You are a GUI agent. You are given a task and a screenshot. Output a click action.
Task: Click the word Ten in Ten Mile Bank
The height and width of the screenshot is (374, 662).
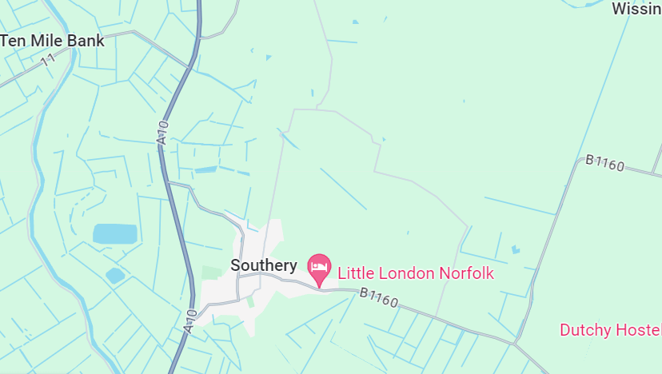click(12, 41)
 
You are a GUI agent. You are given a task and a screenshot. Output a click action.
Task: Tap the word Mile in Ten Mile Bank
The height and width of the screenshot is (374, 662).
click(43, 41)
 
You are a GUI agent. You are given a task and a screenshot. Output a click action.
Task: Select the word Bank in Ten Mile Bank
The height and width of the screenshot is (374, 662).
click(84, 41)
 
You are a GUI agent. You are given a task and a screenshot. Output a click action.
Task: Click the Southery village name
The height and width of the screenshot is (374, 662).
click(264, 265)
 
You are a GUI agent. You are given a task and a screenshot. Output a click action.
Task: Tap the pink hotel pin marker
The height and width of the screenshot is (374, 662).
click(320, 269)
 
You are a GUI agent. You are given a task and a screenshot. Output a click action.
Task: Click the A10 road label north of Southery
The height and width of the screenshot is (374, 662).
click(163, 132)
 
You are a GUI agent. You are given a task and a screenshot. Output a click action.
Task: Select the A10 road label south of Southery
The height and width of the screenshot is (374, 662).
click(190, 320)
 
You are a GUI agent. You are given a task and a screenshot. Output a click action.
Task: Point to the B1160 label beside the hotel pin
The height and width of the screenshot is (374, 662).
click(378, 297)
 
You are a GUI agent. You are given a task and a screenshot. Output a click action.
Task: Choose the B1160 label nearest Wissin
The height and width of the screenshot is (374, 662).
click(604, 163)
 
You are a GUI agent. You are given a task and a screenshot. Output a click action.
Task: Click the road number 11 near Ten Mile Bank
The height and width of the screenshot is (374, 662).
click(50, 58)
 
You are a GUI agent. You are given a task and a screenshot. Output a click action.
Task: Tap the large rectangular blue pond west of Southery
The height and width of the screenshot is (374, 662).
click(114, 233)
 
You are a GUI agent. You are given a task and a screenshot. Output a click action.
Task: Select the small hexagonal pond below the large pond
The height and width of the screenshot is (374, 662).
click(115, 276)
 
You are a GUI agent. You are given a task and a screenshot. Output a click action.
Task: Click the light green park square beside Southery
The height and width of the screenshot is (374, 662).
click(210, 273)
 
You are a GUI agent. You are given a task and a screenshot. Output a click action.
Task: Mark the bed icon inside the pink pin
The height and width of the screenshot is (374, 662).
click(320, 265)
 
